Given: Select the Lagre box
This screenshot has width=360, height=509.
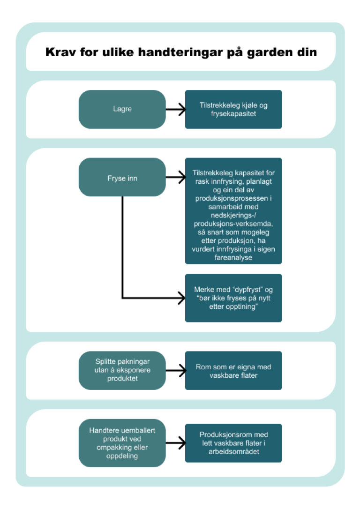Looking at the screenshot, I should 122,109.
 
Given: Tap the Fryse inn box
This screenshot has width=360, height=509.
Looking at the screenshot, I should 122,177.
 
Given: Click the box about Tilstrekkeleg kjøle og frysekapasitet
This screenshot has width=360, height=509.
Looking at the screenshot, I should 233,109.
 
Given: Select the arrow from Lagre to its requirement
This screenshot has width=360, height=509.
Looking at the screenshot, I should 176,109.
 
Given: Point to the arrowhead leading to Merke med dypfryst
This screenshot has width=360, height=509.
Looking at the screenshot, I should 180,298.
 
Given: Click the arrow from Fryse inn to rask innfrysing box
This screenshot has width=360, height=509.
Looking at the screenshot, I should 176,177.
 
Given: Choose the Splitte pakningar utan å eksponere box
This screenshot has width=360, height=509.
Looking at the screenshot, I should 122,370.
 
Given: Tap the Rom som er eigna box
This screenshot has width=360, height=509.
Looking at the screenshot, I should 233,370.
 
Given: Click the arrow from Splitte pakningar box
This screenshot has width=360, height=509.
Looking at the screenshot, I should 176,370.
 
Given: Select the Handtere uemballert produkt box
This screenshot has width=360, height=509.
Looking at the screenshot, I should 122,443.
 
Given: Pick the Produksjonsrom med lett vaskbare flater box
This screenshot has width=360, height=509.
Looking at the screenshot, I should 233,443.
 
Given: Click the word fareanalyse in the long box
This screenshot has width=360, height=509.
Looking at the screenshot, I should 233,257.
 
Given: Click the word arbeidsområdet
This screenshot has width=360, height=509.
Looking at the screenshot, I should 233,451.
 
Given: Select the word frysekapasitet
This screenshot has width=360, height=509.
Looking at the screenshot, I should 233,113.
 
